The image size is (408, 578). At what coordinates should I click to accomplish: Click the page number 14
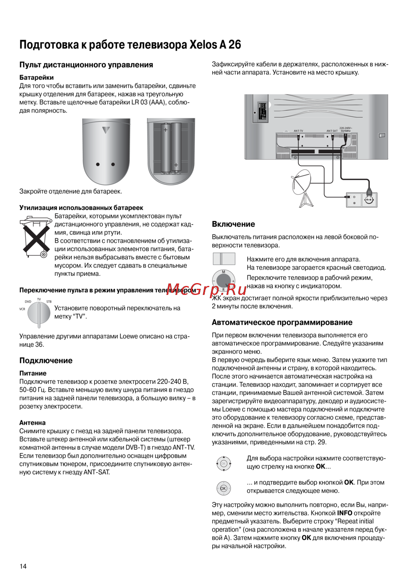23,566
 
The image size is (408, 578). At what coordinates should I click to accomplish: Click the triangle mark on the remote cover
106,130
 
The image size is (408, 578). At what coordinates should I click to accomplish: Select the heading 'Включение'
233,224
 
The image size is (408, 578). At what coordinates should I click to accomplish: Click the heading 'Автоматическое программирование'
282,322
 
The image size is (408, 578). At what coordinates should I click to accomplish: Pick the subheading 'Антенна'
33,423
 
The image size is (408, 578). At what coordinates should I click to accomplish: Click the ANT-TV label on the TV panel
298,131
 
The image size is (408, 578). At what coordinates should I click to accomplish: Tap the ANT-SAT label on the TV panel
332,131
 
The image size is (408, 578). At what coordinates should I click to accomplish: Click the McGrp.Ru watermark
206,289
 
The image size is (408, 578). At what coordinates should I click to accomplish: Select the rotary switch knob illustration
39,314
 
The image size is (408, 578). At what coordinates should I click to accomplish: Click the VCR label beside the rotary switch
22,309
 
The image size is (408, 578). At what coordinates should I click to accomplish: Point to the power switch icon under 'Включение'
224,259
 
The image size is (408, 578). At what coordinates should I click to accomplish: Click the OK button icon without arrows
223,488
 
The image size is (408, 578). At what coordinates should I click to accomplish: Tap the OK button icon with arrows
224,463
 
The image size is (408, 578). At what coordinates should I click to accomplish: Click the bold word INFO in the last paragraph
345,513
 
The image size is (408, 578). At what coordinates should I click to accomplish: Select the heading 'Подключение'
46,361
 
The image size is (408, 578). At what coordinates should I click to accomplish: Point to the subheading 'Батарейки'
37,77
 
